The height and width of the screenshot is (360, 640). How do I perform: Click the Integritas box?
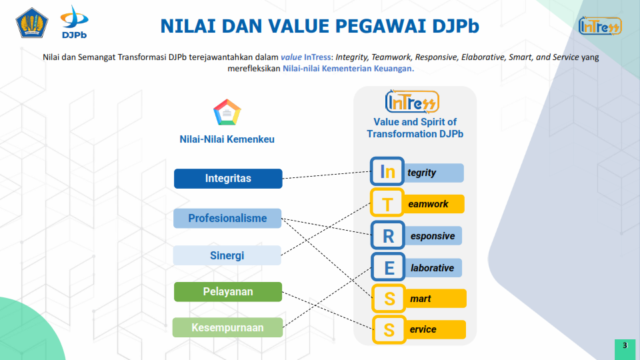coord(228,179)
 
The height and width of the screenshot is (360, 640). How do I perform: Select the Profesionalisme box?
coord(227,219)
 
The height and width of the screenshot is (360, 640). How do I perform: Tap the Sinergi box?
coord(227,255)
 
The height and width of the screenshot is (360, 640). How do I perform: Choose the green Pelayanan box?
coord(228,292)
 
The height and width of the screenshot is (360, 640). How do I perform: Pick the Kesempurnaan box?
coord(227,327)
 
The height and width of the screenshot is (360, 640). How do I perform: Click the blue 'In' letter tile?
coord(387,171)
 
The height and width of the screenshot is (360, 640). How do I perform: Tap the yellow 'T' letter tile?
coord(387,203)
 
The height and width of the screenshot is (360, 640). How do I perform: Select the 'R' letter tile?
coord(388,235)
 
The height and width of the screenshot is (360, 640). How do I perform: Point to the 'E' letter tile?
coord(388,267)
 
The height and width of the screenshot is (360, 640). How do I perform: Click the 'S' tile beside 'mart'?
coord(389,299)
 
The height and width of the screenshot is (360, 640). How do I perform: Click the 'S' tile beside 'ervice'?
coord(389,329)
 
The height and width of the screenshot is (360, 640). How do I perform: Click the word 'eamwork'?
coord(428,204)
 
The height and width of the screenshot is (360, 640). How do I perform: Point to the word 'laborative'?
coord(432,268)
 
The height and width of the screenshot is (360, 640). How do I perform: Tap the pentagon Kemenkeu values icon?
coord(227,112)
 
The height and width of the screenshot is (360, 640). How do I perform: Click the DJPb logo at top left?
coord(74,22)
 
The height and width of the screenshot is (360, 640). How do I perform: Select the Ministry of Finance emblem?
coord(32,23)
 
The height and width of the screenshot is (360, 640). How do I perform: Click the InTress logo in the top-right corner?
coord(600,26)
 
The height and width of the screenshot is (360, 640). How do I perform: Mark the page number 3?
coord(625,346)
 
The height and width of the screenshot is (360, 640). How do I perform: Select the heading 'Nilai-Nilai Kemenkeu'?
coord(227,139)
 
